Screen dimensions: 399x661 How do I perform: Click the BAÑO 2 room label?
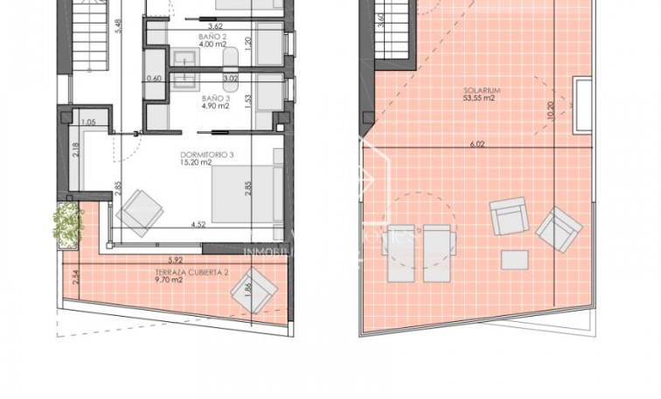click(x=213, y=36)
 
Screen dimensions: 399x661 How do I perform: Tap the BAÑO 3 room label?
click(x=213, y=99)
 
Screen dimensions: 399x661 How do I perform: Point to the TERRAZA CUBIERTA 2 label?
click(x=189, y=272)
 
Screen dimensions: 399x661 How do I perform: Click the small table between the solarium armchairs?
click(x=514, y=260)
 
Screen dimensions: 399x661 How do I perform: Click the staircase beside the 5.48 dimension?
click(x=87, y=35)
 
